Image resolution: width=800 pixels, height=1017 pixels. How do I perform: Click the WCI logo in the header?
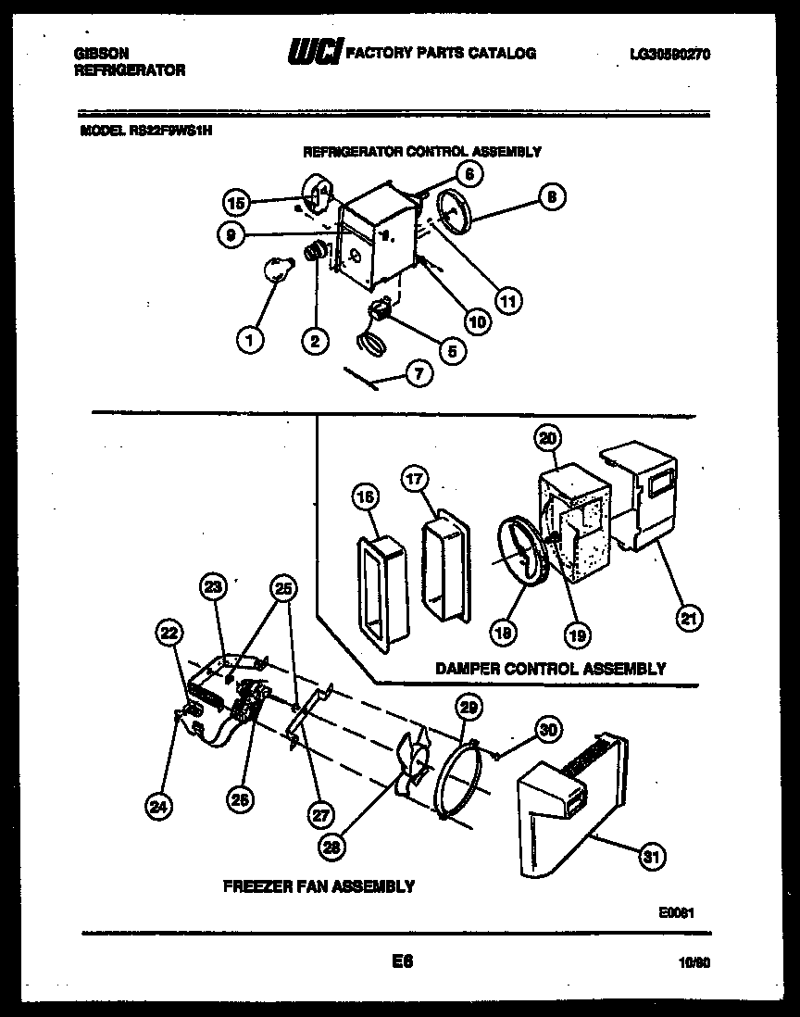[x=314, y=54]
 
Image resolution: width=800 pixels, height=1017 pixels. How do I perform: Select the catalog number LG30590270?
[x=669, y=56]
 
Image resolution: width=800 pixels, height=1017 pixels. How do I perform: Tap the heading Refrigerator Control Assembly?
[x=422, y=151]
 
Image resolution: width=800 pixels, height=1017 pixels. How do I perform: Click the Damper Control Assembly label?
[x=550, y=668]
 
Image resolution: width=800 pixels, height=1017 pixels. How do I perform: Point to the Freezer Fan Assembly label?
[x=319, y=886]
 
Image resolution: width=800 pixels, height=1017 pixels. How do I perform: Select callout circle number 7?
[x=419, y=374]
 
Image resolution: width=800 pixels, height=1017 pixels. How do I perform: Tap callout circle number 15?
[x=237, y=202]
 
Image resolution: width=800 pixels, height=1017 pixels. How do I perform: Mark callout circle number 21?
[x=688, y=618]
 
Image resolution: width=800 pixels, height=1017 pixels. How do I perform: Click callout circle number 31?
[x=653, y=857]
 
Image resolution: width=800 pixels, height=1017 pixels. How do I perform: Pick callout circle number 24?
[x=159, y=807]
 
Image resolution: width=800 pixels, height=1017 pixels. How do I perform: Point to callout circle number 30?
[x=549, y=729]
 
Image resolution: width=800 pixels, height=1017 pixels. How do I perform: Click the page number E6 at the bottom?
[x=401, y=961]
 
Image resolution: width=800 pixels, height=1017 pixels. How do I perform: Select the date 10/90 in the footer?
[x=693, y=963]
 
